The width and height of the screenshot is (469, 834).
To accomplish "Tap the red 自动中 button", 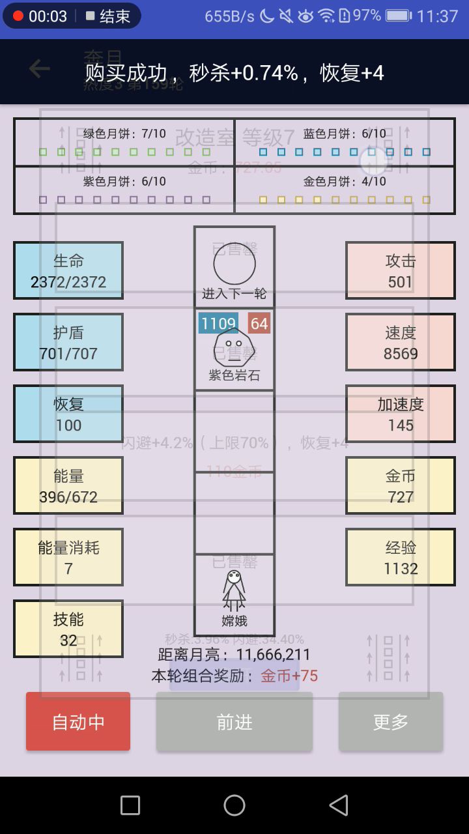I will tap(78, 721).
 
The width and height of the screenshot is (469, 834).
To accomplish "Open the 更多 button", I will tap(391, 721).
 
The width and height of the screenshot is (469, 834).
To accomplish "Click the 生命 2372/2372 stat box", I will tap(68, 270).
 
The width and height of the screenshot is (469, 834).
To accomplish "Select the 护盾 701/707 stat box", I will tap(68, 342).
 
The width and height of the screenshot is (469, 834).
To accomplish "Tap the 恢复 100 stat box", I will tap(68, 414).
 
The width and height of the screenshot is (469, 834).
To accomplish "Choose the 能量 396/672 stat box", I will tap(68, 485).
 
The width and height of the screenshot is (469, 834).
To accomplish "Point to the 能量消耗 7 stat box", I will tap(68, 557).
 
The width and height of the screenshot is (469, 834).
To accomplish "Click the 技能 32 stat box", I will tap(68, 629).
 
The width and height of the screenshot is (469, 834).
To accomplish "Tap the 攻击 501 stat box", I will tap(401, 270).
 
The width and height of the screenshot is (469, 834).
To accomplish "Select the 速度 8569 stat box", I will tap(401, 342).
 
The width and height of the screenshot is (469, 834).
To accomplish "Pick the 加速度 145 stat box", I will tap(401, 414).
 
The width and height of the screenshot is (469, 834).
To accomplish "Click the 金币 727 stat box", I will tap(401, 485).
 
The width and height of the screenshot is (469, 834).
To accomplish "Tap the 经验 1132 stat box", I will tap(401, 557).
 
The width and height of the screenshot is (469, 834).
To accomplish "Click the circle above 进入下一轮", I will tap(234, 263).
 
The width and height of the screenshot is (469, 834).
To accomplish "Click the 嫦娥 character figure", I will tap(234, 590).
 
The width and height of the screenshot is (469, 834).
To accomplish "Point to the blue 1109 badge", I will tap(218, 323).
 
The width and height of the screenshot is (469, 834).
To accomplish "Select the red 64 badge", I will tap(259, 323).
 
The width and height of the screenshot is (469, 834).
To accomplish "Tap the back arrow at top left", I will tap(39, 68).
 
